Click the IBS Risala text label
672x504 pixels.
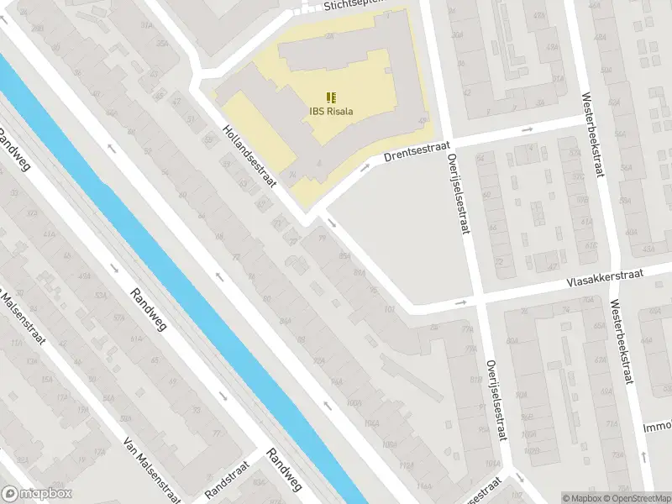point(330,110)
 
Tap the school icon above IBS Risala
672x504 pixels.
point(330,97)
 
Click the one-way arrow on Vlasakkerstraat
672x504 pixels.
point(459,302)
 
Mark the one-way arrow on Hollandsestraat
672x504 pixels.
point(333,223)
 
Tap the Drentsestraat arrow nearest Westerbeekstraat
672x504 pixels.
point(527,130)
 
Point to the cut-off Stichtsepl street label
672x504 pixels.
point(353,6)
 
